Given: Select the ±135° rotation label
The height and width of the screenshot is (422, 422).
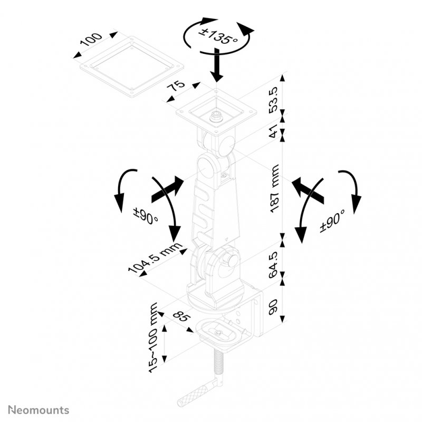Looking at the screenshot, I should tap(217, 36).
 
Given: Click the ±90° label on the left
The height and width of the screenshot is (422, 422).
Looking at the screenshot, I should tap(146, 216).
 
